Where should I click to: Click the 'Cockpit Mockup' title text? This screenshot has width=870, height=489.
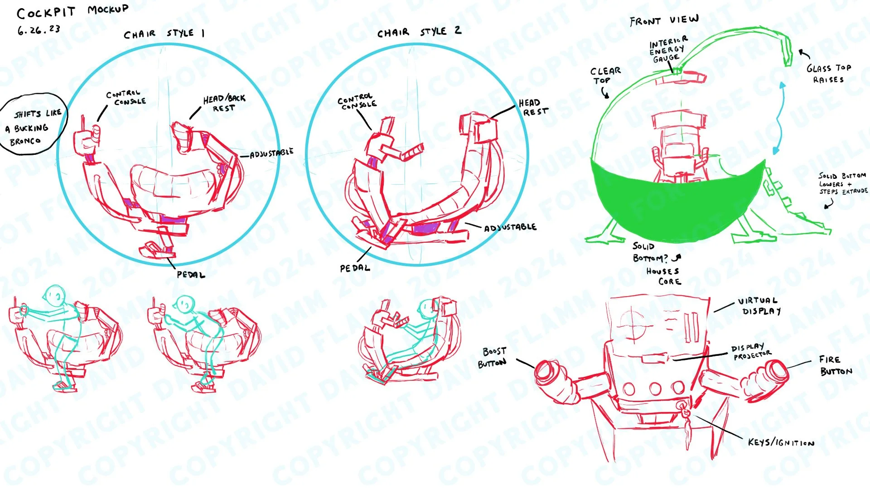tap(72, 11)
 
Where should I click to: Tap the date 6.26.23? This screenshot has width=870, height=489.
tap(39, 30)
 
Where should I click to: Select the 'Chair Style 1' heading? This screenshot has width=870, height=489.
tap(164, 34)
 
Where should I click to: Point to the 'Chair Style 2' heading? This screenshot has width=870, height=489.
tap(419, 32)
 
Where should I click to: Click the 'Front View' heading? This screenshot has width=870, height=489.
tap(664, 20)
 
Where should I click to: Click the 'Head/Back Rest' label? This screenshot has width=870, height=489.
tap(224, 104)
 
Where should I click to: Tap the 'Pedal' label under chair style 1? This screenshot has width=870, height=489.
tap(191, 275)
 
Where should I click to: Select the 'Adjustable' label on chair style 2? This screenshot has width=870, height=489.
tap(510, 227)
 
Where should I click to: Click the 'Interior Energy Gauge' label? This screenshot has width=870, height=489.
tap(667, 49)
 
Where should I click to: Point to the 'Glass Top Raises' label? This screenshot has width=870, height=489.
tap(828, 74)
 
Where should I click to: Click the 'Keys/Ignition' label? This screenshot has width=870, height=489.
tap(781, 442)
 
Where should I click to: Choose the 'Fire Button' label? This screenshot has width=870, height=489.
tap(836, 365)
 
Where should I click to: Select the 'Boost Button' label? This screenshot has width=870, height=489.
tap(493, 357)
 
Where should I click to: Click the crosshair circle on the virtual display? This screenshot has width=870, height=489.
tap(633, 324)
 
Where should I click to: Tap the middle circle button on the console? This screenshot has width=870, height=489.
tap(655, 388)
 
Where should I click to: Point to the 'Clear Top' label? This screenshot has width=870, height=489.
tap(605, 76)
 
